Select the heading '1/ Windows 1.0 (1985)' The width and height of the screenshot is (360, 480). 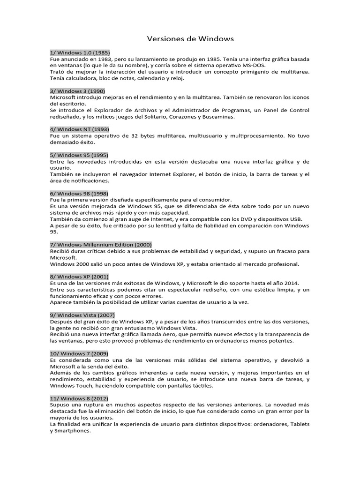click(80, 52)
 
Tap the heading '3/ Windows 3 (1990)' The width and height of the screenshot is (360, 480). click(77, 90)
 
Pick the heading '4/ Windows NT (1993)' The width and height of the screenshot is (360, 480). click(79, 129)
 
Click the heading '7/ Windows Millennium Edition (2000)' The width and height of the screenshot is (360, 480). click(100, 244)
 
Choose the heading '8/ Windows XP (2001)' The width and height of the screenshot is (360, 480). click(79, 277)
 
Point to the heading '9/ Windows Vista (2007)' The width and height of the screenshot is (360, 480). click(82, 315)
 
